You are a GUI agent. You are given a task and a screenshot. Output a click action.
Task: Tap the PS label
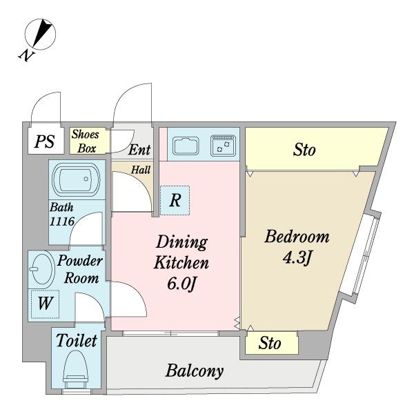click(44, 141)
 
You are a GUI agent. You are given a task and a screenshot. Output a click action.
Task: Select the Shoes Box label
click(86, 141)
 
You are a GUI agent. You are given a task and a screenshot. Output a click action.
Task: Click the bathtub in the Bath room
click(76, 179)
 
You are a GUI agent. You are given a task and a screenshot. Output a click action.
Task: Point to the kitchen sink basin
click(186, 146)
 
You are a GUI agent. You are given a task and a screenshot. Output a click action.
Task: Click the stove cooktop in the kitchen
click(223, 146)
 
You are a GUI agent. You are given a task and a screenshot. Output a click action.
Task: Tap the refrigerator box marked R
click(175, 200)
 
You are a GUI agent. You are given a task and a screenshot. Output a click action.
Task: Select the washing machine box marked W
click(45, 304)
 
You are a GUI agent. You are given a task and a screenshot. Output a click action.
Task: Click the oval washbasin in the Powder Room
click(41, 269)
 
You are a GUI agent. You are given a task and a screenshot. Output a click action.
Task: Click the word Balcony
click(195, 371)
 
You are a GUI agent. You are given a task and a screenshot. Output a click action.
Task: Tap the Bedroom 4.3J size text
click(297, 257)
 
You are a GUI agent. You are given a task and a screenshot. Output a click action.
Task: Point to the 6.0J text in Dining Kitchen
click(182, 284)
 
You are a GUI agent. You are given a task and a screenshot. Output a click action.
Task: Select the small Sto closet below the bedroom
click(271, 343)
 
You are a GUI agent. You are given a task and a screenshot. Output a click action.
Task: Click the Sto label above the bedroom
click(304, 150)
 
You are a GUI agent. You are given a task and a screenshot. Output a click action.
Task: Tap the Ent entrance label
click(139, 150)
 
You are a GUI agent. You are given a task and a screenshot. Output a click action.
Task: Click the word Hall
click(141, 170)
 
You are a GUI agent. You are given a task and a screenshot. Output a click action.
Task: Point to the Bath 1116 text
click(62, 215)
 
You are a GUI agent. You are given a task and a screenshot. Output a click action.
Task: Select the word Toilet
click(77, 340)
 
